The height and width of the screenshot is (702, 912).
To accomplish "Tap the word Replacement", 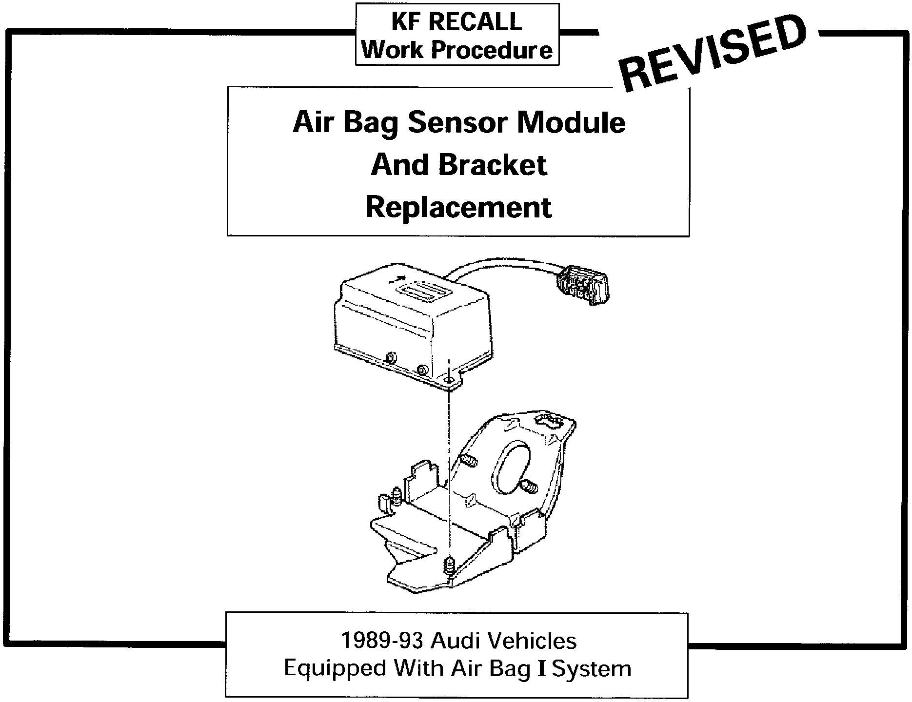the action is click(458, 208).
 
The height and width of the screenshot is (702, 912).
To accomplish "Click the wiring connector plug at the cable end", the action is click(583, 285).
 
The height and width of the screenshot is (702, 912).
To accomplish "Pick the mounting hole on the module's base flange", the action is click(450, 378).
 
